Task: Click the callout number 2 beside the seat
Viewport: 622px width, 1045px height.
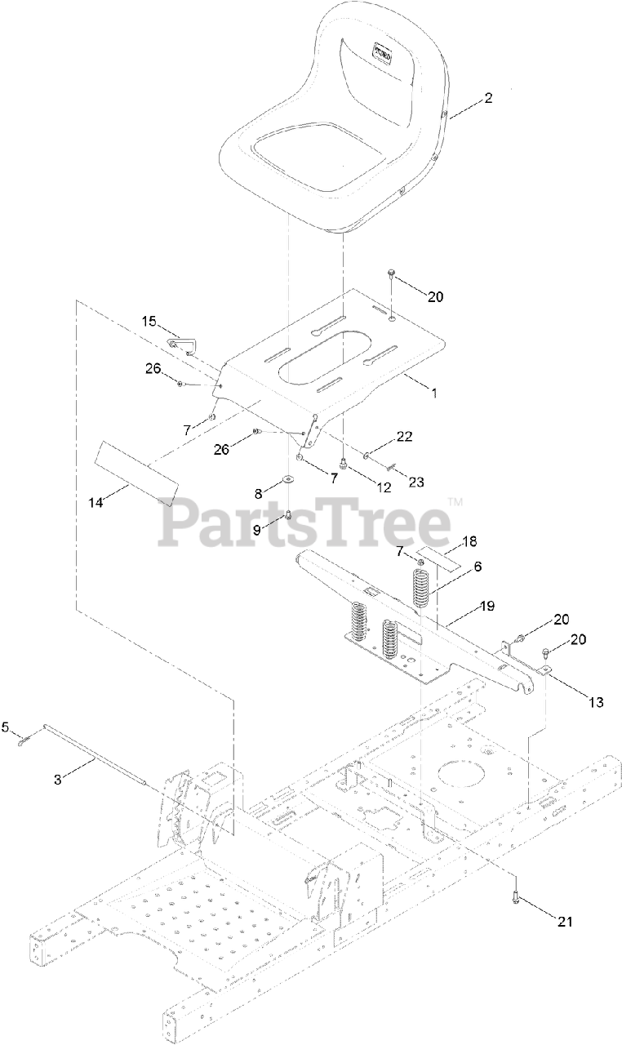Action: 489,99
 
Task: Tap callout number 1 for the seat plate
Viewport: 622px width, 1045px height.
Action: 434,393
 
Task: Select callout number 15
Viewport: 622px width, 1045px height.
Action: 149,322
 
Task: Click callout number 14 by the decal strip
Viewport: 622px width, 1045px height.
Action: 97,503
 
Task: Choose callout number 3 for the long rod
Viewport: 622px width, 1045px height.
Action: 58,779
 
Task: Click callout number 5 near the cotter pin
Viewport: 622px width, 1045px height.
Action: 5,725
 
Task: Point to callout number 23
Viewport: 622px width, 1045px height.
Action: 416,482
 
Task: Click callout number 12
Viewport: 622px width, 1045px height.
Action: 383,487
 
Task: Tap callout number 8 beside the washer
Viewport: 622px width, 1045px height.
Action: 259,493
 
